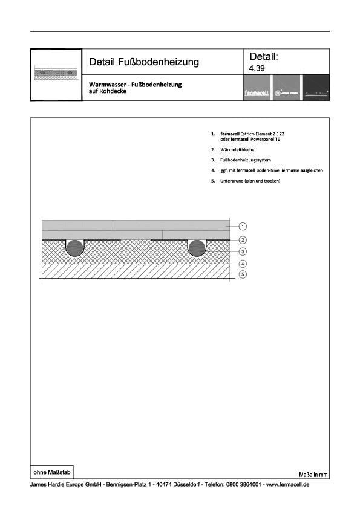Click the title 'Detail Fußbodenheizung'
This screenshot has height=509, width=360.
(x=144, y=62)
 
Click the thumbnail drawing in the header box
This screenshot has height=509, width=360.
(x=56, y=74)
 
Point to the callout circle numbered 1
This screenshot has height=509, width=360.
(x=242, y=227)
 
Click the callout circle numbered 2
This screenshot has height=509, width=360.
(x=242, y=240)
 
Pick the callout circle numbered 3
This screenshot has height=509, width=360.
(x=242, y=251)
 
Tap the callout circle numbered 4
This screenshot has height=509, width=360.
(x=242, y=264)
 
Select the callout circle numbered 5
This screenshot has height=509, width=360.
(x=242, y=275)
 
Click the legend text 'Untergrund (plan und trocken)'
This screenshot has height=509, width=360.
(x=250, y=181)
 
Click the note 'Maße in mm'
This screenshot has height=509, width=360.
(x=313, y=475)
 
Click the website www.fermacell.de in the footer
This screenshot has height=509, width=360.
(x=287, y=485)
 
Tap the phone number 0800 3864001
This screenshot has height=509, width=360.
(x=241, y=485)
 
